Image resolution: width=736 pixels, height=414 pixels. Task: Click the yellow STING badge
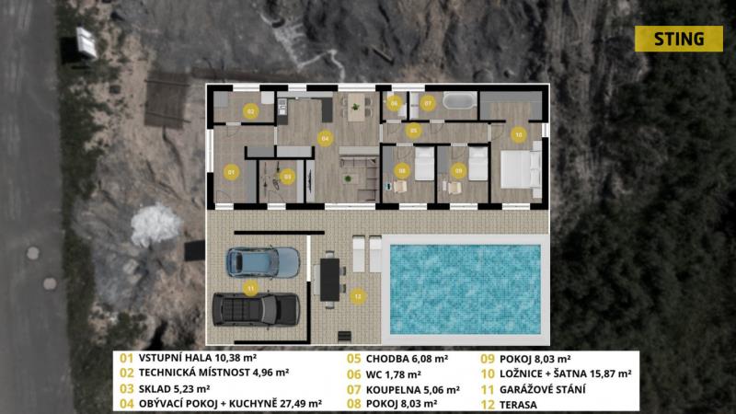click(679, 39)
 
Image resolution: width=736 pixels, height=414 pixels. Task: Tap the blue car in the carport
click(263, 263)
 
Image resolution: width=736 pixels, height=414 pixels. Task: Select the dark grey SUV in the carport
click(257, 309)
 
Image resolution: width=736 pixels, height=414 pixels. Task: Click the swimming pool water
click(466, 289)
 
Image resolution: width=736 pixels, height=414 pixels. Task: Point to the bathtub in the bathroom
click(459, 100)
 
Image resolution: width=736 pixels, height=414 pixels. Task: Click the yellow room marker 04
click(325, 139)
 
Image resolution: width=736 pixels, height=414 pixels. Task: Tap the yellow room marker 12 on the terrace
click(358, 296)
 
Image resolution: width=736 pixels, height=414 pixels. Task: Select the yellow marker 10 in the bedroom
click(518, 134)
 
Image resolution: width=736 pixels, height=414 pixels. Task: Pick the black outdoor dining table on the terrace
click(330, 280)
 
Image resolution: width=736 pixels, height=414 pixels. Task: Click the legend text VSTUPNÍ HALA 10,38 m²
click(198, 358)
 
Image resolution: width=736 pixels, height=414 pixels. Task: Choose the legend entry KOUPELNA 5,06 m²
click(412, 389)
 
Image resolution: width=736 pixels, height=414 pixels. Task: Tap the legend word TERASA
click(518, 405)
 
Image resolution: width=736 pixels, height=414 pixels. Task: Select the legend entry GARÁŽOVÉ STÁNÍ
click(542, 389)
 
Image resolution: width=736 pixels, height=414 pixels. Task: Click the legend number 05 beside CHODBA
click(354, 359)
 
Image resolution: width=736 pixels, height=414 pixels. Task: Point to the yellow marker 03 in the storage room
click(287, 177)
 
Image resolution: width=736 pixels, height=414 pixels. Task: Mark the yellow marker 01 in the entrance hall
click(231, 172)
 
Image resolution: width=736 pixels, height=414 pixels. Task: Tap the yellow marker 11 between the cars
click(250, 288)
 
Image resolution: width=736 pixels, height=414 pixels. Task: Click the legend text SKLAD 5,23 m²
click(174, 388)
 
